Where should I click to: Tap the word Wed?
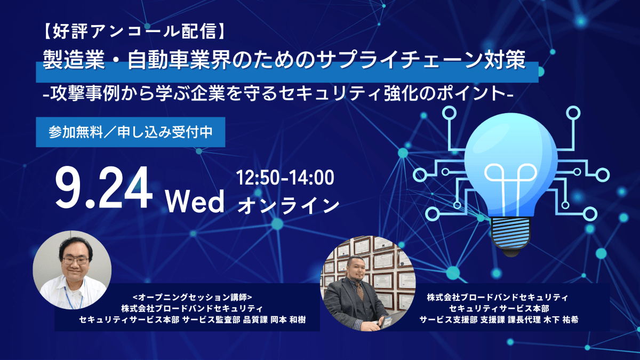point(195,202)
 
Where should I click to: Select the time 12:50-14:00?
point(285,178)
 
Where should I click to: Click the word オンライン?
point(288,206)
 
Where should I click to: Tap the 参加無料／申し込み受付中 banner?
point(131,132)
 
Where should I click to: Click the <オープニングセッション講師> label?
point(193,298)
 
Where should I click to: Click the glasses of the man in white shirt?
point(76,260)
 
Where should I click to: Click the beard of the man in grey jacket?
point(357,279)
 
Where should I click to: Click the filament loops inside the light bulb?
point(510,174)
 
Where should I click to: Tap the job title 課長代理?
point(524,319)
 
